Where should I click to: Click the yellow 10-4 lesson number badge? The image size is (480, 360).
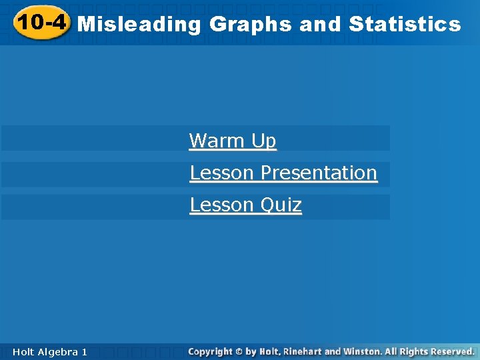point(42,23)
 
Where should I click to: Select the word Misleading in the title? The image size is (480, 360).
point(139,25)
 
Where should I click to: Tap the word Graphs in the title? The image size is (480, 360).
point(251,25)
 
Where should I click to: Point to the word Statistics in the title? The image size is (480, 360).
point(404,25)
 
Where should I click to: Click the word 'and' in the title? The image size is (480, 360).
point(320,25)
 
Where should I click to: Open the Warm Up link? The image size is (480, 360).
point(232,141)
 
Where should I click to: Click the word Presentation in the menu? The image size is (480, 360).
point(319,173)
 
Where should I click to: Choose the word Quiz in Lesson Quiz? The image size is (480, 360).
point(281,205)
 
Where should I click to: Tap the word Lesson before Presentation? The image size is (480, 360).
point(222,173)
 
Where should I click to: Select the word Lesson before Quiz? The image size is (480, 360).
point(222,205)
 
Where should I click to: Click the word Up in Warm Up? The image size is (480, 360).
point(263,141)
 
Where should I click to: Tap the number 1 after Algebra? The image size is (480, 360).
point(84,351)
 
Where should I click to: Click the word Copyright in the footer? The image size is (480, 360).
point(211,351)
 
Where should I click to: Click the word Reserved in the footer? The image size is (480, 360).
point(451,351)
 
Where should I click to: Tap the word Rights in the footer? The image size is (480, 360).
point(413,351)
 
